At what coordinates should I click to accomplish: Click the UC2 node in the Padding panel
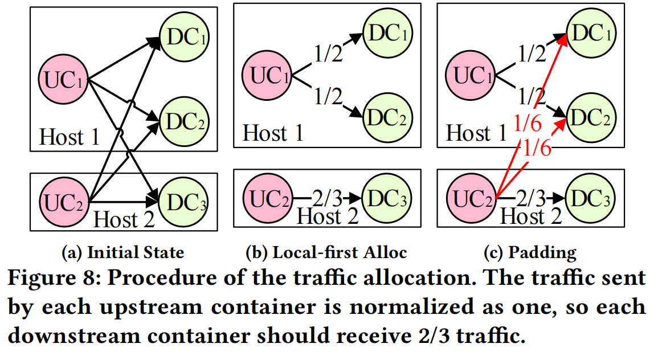[472, 198]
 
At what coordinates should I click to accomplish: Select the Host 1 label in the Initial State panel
[70, 137]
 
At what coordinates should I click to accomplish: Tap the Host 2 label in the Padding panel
[531, 216]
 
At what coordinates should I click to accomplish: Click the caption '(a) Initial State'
[122, 252]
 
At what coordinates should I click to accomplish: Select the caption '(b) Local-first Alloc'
[326, 252]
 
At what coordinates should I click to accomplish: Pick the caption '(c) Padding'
[530, 252]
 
